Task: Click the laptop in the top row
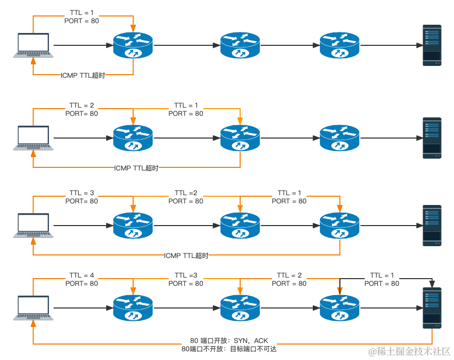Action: (33, 45)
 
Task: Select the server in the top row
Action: (432, 45)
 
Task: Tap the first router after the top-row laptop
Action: (133, 46)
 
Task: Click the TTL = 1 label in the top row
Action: (81, 12)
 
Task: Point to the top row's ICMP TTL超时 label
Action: (83, 75)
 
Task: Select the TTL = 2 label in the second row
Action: (81, 105)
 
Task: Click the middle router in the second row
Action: (240, 138)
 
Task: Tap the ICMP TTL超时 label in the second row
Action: (137, 168)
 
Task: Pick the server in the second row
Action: (432, 138)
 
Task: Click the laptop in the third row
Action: (33, 225)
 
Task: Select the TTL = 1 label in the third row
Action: (289, 193)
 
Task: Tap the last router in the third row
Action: (340, 226)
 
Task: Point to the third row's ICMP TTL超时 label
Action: (186, 255)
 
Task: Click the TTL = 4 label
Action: (81, 275)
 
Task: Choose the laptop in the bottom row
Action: (33, 307)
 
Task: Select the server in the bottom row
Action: (432, 308)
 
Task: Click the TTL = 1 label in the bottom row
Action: (382, 275)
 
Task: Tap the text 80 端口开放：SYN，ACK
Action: (229, 340)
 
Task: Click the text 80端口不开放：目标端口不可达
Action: (229, 349)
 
